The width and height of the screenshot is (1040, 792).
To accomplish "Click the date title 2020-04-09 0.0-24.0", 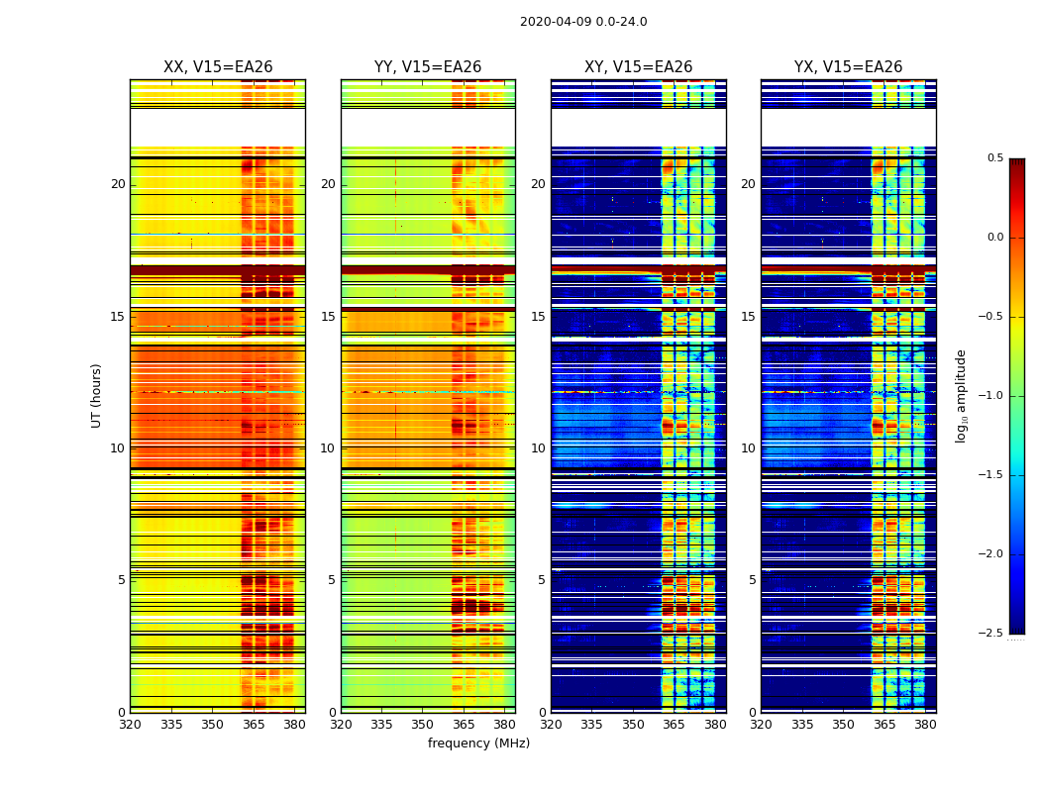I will click(583, 22).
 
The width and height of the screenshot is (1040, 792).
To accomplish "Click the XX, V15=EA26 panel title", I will click(218, 67).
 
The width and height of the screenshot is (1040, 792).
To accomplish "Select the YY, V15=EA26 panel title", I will click(428, 67).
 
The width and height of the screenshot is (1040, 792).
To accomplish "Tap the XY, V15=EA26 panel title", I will click(638, 67).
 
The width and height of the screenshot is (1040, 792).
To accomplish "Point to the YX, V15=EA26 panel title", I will click(848, 67).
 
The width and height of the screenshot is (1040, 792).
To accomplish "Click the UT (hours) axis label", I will click(96, 395).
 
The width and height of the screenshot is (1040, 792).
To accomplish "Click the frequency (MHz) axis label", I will click(478, 743).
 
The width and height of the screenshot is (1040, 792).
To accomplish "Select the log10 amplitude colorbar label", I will click(961, 395).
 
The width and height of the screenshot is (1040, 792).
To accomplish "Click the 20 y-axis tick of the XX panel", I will click(118, 184).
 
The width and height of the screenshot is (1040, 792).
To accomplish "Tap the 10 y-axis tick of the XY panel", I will click(538, 448).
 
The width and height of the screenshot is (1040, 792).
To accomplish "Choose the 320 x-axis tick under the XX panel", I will click(130, 724).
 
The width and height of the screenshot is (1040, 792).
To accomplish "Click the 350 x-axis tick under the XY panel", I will click(633, 724).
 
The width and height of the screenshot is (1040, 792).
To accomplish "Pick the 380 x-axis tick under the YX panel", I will click(925, 724).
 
